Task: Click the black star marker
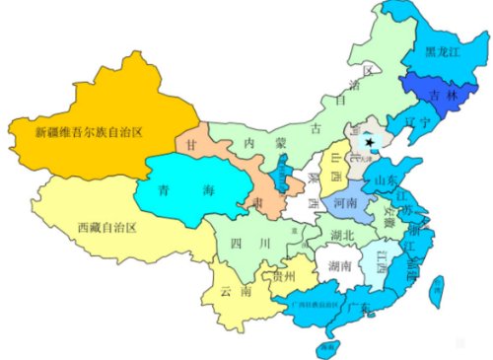click(x=369, y=143)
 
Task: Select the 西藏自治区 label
click(x=106, y=227)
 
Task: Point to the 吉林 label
click(x=437, y=96)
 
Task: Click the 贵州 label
click(x=285, y=277)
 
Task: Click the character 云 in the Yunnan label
click(x=229, y=291)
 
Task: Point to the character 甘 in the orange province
click(x=191, y=144)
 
